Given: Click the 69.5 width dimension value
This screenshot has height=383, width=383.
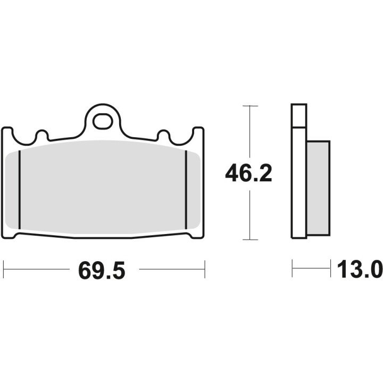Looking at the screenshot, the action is tap(102, 270).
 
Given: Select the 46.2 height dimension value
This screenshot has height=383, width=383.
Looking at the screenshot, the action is tap(248, 173).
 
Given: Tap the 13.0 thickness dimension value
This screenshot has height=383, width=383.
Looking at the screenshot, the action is tap(360, 269).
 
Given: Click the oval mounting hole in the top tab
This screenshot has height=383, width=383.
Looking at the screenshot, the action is tap(103, 121).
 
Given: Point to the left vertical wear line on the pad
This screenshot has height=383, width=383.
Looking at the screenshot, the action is tap(20, 190).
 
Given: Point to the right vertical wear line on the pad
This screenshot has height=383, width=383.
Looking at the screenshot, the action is tap(186, 190).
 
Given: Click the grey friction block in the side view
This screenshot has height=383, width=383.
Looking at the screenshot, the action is tap(318, 188).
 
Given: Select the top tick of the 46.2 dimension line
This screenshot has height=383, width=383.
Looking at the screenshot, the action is tap(250, 106).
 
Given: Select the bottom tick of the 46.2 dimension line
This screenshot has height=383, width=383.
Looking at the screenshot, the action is tap(250, 239).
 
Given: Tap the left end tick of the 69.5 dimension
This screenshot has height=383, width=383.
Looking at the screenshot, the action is tap(4, 269).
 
